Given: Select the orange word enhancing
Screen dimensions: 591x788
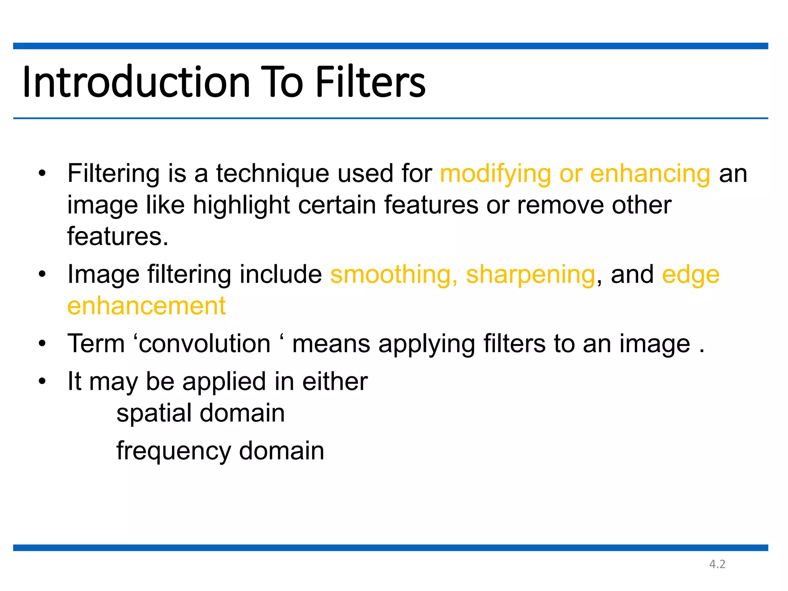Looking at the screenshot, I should (650, 174).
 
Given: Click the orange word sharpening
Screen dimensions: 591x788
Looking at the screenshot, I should (531, 275).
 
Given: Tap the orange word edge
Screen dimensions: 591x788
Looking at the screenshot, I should (691, 275).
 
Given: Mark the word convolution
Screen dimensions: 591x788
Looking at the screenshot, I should (204, 344).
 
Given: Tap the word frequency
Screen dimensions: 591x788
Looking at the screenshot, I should (173, 451).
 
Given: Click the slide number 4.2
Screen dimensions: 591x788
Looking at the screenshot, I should (717, 564).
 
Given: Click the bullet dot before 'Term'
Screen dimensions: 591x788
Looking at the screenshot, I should (42, 343).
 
